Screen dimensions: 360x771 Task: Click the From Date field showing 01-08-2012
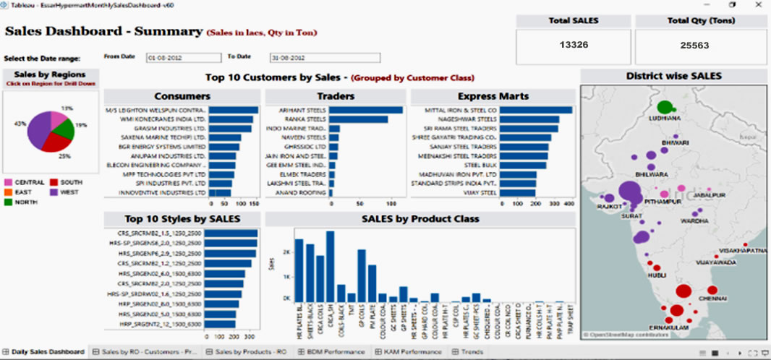[183, 57]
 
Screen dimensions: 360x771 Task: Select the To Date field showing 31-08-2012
[324, 57]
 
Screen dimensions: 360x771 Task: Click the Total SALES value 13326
[574, 45]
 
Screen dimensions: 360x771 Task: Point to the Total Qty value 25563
[694, 45]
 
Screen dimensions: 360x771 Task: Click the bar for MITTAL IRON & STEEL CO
[535, 111]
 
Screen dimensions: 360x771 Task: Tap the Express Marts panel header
[493, 96]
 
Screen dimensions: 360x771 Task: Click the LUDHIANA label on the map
[665, 118]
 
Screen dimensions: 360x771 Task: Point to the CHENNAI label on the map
[712, 297]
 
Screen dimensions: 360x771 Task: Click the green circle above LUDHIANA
[665, 107]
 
